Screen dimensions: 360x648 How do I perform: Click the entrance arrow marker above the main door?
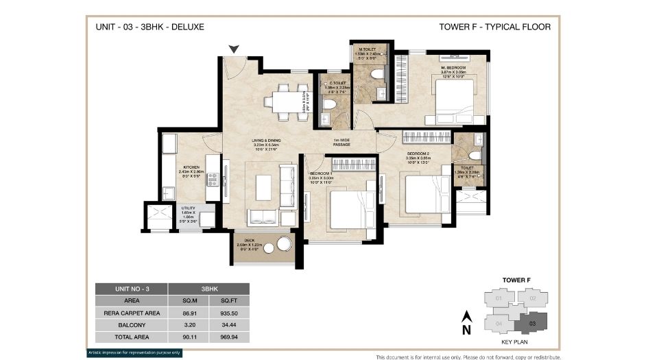(x=235, y=49)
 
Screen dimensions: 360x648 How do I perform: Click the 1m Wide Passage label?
(x=342, y=142)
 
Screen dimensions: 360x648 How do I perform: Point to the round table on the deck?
(x=283, y=244)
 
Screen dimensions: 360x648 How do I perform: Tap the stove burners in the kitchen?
(x=213, y=180)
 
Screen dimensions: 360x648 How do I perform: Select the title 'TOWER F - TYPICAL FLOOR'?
(x=494, y=27)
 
